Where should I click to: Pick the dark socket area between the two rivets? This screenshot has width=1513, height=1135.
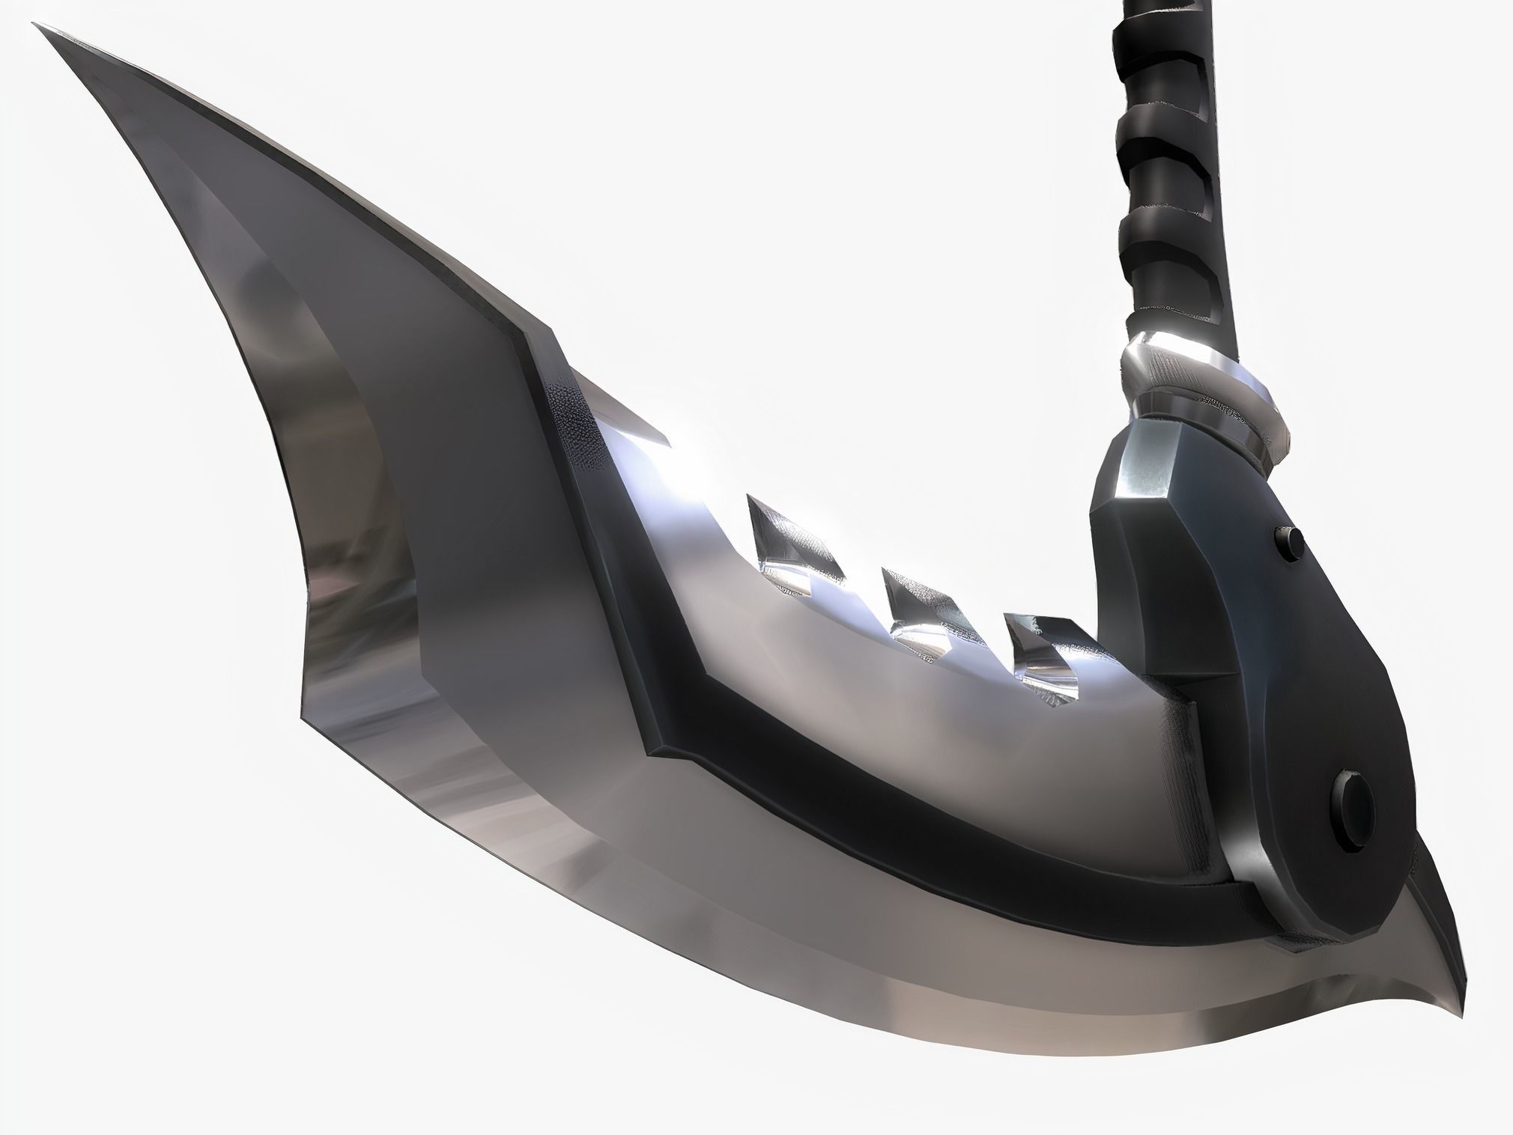pos(1318,674)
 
